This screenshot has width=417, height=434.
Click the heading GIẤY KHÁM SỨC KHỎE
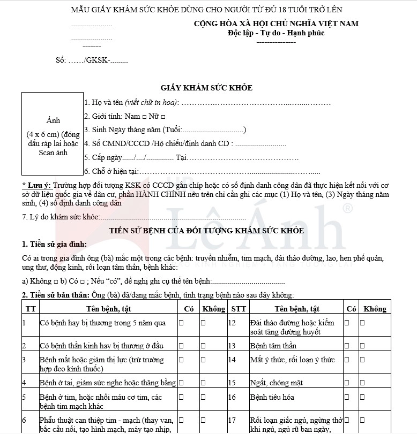pos(206,88)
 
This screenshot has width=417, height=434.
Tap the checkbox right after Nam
pos(144,116)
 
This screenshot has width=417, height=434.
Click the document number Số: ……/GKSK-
pos(91,60)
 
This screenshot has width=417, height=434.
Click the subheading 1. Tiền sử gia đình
pos(54,245)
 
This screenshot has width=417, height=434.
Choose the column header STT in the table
pos(239,309)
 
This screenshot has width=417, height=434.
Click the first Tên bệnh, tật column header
pos(108,309)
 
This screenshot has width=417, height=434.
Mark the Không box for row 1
pos(203,323)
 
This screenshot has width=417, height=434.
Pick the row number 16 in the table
pos(232,398)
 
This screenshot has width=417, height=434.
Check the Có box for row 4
pos(181,383)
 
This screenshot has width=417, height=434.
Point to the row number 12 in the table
pos(232,323)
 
